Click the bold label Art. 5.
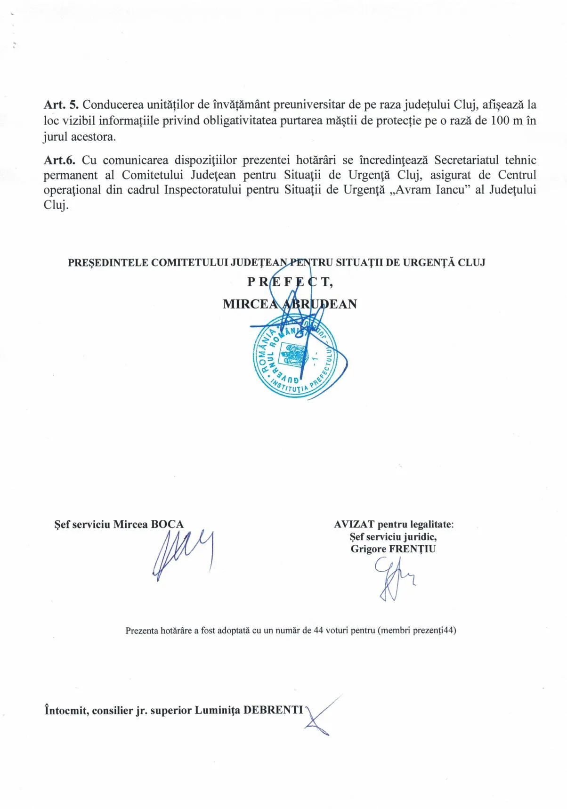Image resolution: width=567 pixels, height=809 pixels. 61,105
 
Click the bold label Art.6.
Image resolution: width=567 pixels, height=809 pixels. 59,160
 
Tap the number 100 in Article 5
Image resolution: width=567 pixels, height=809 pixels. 500,121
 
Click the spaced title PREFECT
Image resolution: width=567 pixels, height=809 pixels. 290,282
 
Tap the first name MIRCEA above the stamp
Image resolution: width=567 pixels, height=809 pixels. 250,304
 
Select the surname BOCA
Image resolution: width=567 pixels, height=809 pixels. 167,525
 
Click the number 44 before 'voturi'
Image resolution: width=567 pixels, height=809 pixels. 318,631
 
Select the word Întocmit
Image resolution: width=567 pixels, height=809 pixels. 66,710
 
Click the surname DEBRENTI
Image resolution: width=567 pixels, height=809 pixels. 273,710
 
